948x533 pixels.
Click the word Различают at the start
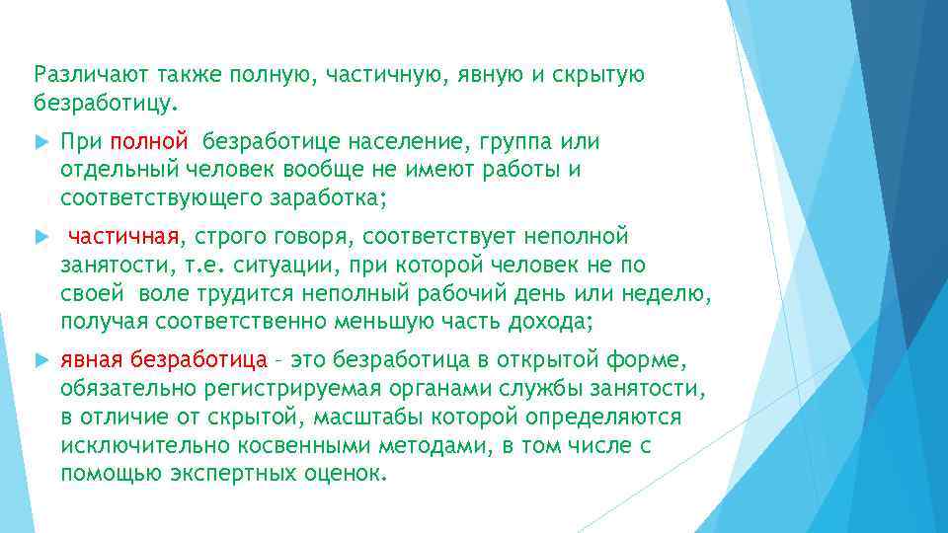point(80,75)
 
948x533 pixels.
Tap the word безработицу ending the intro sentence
point(105,103)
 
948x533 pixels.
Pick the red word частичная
point(122,237)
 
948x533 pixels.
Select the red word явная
point(92,361)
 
